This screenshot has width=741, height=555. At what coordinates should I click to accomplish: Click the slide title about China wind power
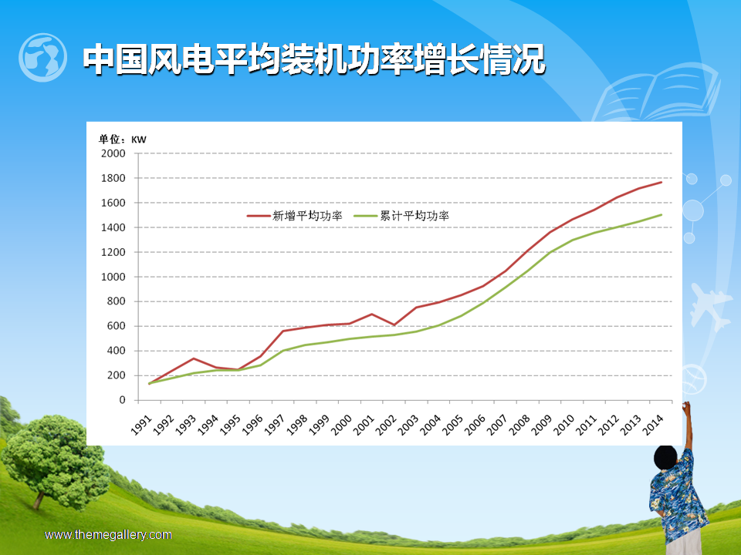[314, 59]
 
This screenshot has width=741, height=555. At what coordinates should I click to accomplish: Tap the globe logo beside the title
[42, 57]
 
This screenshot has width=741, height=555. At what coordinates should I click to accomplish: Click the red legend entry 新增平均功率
[294, 216]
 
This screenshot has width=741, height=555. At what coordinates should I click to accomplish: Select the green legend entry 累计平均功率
[401, 216]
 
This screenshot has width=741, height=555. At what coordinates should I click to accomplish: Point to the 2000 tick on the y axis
[113, 153]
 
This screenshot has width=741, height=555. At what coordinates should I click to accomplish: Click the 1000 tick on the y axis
[113, 277]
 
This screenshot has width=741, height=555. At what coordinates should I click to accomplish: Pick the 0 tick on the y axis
[123, 400]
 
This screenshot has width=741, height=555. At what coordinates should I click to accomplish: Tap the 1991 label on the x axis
[141, 425]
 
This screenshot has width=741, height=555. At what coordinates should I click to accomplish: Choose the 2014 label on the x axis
[653, 425]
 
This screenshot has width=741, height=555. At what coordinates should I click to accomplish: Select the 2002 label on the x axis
[386, 425]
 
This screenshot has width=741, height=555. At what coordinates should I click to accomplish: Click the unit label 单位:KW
[123, 140]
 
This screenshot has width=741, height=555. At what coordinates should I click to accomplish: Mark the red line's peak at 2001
[371, 314]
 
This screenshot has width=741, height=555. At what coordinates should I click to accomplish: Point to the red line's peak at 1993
[193, 358]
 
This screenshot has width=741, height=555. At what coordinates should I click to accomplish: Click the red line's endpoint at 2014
[661, 182]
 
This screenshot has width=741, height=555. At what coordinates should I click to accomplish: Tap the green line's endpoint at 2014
[661, 215]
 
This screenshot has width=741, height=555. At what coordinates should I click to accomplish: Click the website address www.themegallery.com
[108, 535]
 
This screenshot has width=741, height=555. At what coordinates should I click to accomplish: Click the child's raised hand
[686, 406]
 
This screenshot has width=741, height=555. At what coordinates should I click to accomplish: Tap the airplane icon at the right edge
[709, 306]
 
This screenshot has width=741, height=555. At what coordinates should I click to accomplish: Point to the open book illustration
[657, 92]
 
